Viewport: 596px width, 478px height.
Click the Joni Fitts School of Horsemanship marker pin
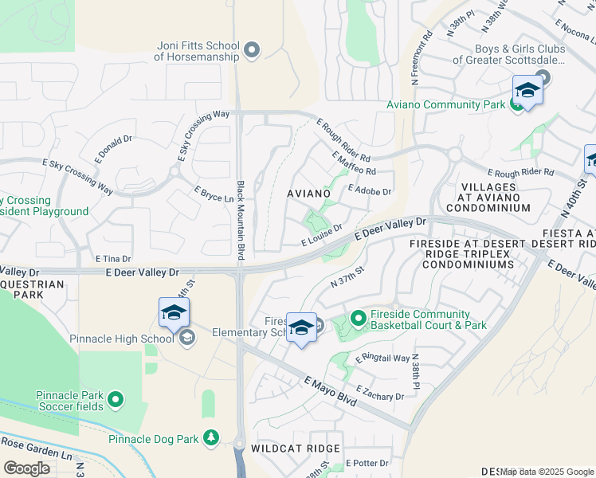click(253, 51)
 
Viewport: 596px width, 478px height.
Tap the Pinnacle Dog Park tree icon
click(211, 437)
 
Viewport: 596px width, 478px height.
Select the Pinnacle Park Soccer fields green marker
click(116, 398)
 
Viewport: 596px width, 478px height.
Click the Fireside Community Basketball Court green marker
click(358, 318)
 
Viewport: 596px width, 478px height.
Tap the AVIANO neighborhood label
click(308, 194)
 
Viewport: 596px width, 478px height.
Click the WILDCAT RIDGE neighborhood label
click(296, 449)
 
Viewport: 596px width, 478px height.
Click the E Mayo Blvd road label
click(328, 392)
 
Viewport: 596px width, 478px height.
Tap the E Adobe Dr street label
click(371, 191)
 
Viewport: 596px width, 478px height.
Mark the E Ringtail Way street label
click(382, 358)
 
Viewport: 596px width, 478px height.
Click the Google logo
click(26, 468)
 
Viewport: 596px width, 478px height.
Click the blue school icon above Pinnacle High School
click(174, 313)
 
